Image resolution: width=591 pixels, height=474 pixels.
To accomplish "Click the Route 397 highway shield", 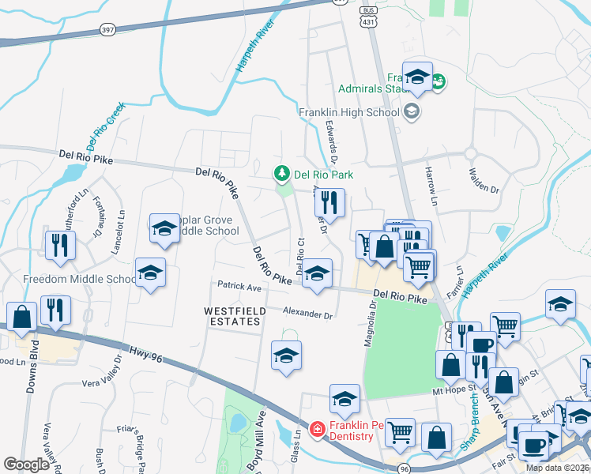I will (x=107, y=29).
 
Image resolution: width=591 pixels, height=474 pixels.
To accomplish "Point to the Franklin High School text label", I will (x=348, y=112).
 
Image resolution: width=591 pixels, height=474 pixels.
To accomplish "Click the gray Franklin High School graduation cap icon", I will (x=411, y=111).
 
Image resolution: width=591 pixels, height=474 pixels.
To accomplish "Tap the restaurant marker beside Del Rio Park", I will (x=330, y=202).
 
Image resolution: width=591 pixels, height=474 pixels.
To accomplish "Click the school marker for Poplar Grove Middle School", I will (x=164, y=229).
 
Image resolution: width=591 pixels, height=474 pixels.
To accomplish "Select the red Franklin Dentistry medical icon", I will (x=317, y=429).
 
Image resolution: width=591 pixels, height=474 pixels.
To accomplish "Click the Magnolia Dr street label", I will (x=368, y=316).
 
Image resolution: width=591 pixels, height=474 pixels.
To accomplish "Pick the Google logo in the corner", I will (x=27, y=465).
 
